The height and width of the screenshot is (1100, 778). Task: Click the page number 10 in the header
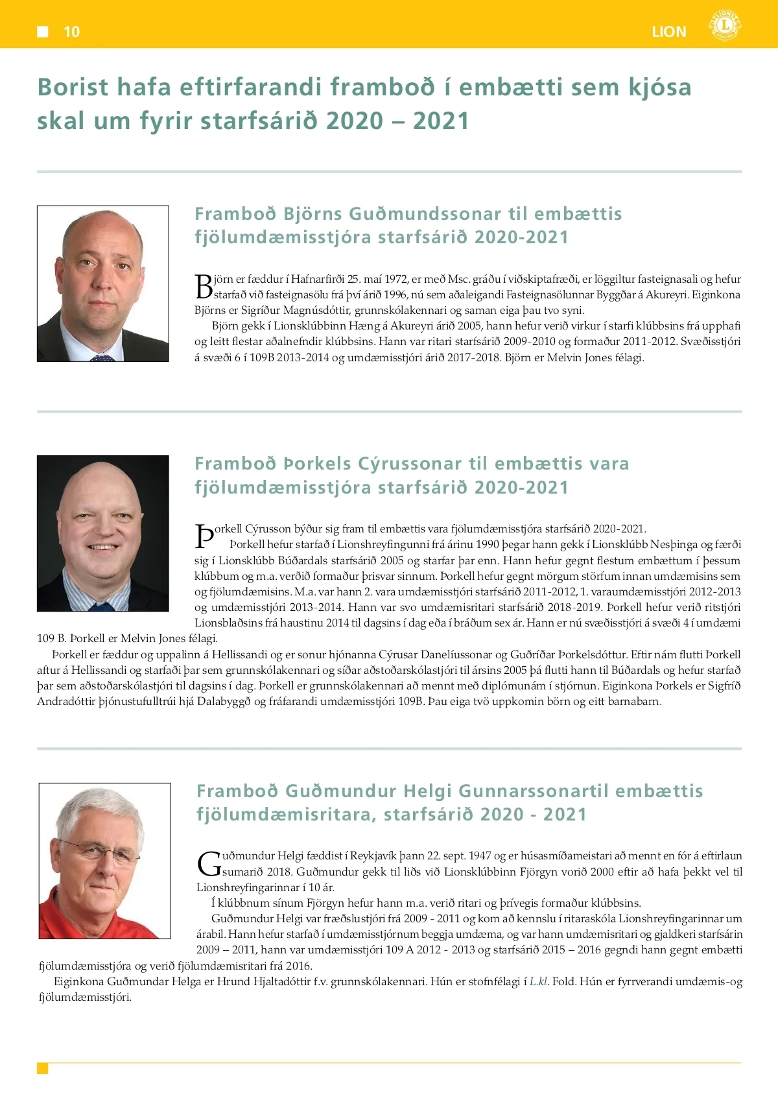[x=71, y=32]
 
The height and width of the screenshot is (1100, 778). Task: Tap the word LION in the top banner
[x=669, y=32]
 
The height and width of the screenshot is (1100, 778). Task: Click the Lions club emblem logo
[x=724, y=26]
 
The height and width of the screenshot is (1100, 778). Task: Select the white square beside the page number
[x=43, y=31]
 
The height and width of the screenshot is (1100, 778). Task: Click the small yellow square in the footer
[x=43, y=1068]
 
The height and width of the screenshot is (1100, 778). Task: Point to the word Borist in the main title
[x=71, y=87]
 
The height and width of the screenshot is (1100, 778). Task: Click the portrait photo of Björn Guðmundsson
[x=103, y=283]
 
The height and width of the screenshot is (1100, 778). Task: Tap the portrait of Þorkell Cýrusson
[x=103, y=533]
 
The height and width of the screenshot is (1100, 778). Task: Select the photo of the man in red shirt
[x=105, y=861]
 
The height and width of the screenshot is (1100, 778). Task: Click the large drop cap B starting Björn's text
[x=204, y=286]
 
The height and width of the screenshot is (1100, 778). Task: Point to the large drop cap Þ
[x=204, y=536]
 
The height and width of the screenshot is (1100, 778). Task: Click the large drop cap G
[x=208, y=863]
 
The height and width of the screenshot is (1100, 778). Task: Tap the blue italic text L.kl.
[x=539, y=981]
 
